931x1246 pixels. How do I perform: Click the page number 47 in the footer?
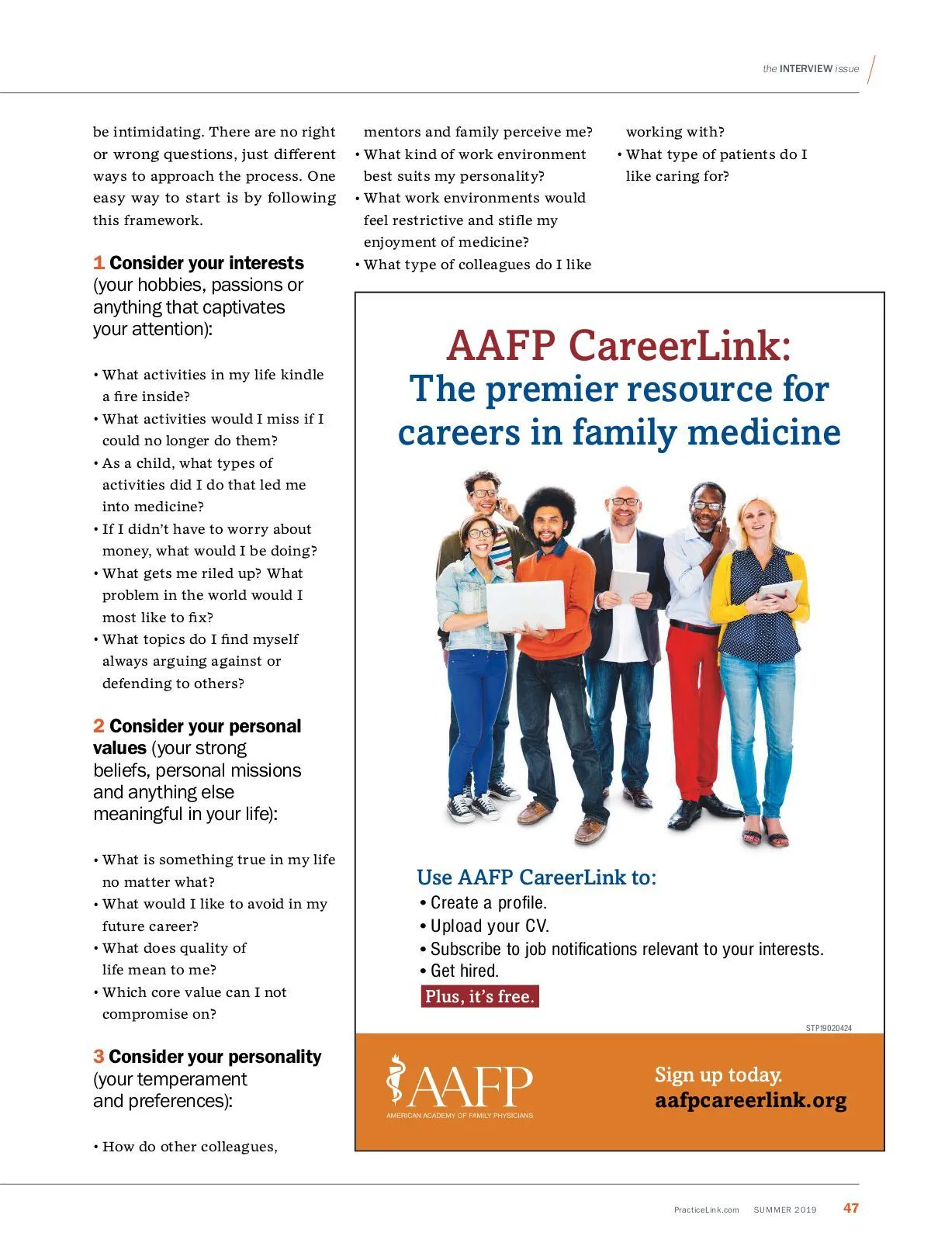point(851,1208)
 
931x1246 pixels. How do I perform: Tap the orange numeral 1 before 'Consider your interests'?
point(99,263)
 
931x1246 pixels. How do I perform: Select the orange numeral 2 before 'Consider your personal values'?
point(99,726)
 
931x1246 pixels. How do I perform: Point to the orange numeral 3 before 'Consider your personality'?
point(99,1057)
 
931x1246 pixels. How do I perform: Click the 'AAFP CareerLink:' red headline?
point(619,345)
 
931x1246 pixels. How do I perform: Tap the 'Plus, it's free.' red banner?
point(479,996)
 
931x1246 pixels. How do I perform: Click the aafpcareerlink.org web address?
point(750,1101)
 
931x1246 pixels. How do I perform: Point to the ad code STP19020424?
point(829,1028)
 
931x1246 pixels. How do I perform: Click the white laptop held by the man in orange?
point(525,605)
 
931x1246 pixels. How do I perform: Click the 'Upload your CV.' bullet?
point(489,926)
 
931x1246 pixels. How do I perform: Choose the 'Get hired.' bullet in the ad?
point(464,971)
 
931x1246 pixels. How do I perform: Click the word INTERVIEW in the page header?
point(806,69)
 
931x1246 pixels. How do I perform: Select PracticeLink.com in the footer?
point(706,1210)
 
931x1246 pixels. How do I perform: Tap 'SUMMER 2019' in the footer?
point(785,1210)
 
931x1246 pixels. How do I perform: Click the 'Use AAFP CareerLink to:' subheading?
point(536,877)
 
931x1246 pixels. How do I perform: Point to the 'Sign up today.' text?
point(718,1075)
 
